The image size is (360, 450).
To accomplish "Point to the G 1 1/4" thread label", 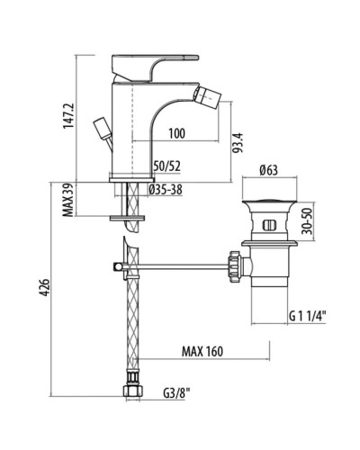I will pos(308,315).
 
